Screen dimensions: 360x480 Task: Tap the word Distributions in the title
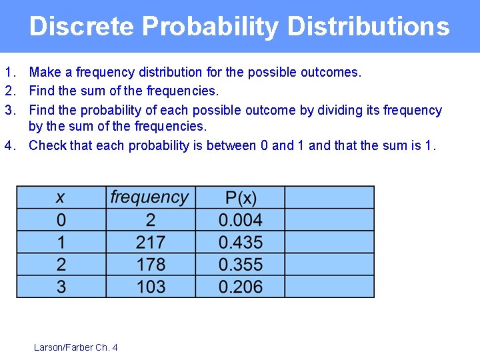pos(369,27)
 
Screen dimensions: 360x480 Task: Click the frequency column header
pos(150,197)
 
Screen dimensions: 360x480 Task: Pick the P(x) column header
pos(241,197)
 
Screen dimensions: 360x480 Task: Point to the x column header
pos(61,197)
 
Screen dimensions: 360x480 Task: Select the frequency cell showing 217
pos(151,242)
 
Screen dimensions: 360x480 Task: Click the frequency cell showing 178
pos(151,265)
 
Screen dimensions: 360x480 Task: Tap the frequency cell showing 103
pos(151,287)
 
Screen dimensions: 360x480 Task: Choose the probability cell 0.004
pos(241,220)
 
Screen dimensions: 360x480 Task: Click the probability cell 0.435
pos(241,242)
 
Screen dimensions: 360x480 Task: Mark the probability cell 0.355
pos(241,265)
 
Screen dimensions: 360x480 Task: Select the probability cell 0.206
pos(241,287)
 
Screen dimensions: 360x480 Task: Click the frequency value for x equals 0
pos(151,220)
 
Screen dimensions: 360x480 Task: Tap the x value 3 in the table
pos(61,287)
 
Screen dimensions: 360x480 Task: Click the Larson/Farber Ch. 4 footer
pos(75,347)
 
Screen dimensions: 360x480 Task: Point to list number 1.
pos(9,72)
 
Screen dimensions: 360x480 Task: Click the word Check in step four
pos(47,145)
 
